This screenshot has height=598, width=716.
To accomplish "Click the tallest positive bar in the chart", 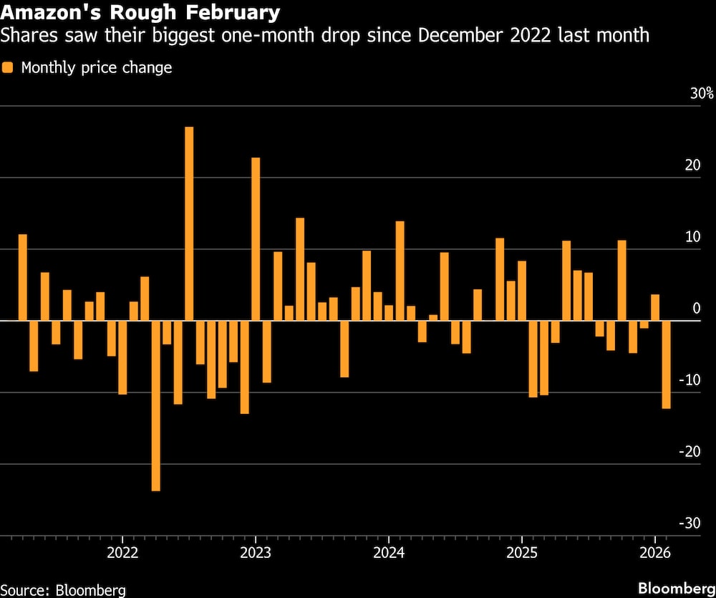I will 189,223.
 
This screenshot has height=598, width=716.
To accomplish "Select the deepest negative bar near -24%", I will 155,405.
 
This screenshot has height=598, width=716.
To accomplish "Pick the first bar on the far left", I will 22,277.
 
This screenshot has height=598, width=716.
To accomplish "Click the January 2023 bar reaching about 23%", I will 256,239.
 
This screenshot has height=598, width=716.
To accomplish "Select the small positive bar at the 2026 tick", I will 655,307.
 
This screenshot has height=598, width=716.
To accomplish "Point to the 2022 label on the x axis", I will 122,553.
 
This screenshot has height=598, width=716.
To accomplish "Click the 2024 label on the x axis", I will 388,553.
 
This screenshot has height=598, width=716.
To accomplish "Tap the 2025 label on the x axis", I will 521,553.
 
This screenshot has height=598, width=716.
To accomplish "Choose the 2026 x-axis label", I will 654,553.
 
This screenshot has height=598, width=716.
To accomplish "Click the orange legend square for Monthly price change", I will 8,68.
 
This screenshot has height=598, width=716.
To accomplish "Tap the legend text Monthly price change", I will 97,68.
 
